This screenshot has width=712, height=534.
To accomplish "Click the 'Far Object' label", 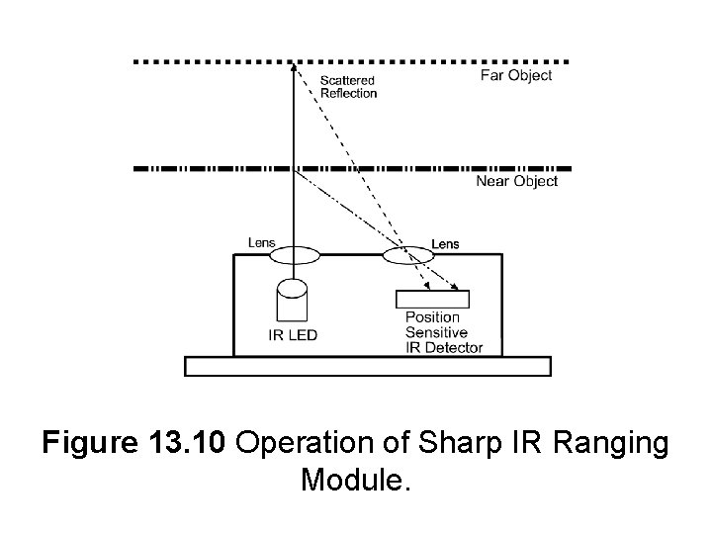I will pos(515,76).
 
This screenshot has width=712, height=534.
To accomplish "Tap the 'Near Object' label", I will pos(517,181).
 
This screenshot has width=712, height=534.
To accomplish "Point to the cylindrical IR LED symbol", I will pos(293,300).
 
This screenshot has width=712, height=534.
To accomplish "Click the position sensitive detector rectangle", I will pos(432,299).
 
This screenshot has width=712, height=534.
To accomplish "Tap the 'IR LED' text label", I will pos(293,334).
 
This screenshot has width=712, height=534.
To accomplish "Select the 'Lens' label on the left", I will pos(261,240).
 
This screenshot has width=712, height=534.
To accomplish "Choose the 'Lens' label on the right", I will pos(445,243).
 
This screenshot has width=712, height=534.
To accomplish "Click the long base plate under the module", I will pos(368,366).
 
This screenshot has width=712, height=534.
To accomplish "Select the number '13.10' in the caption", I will pos(192,444).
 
